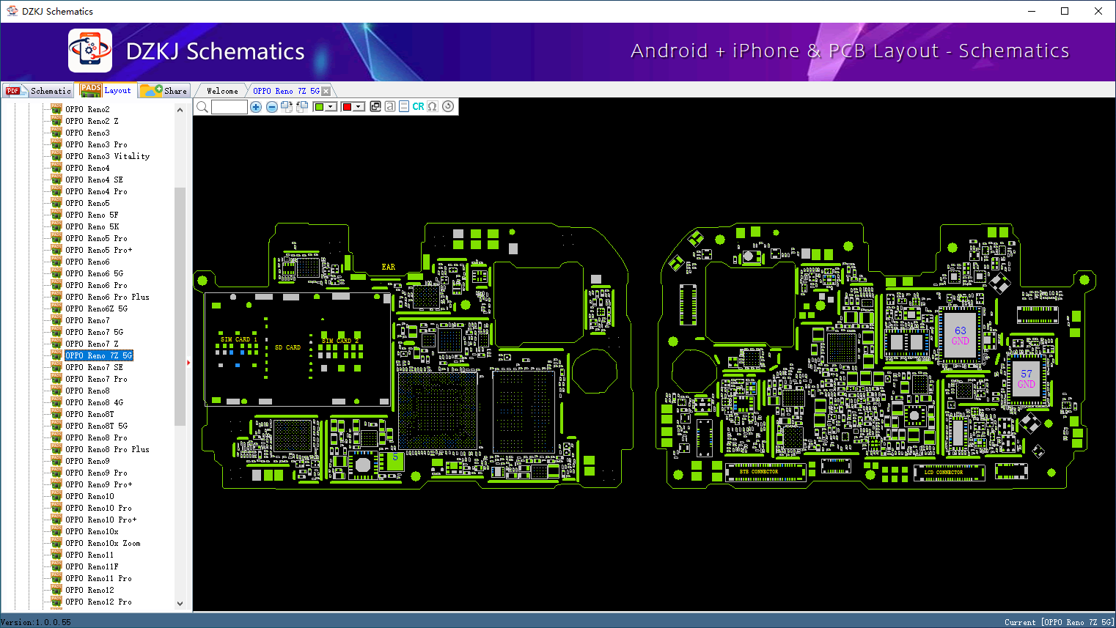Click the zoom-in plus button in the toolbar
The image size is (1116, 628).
click(x=256, y=107)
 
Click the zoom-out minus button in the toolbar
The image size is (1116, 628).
click(x=272, y=107)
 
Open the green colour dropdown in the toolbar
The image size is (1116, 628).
click(x=331, y=107)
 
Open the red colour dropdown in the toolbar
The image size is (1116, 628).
click(x=359, y=107)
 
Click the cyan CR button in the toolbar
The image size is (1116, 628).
click(x=418, y=107)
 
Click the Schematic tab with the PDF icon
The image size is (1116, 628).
click(x=39, y=91)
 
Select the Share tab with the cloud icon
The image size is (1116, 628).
click(x=164, y=91)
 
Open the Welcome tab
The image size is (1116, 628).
click(x=222, y=91)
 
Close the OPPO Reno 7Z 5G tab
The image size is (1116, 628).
click(x=326, y=91)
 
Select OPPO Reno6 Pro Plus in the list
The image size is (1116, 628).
click(x=107, y=297)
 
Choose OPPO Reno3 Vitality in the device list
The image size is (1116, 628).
click(x=107, y=156)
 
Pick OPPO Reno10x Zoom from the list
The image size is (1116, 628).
click(x=103, y=543)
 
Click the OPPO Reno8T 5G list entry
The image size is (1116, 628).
click(x=96, y=426)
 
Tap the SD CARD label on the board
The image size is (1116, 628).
click(x=287, y=347)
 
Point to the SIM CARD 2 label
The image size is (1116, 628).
click(x=340, y=341)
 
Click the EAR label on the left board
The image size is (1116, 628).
click(x=388, y=267)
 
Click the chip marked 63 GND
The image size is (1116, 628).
click(x=961, y=336)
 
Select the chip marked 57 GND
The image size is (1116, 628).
click(x=1026, y=379)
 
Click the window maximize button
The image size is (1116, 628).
click(x=1065, y=11)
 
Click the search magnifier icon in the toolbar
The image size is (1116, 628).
click(x=202, y=107)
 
